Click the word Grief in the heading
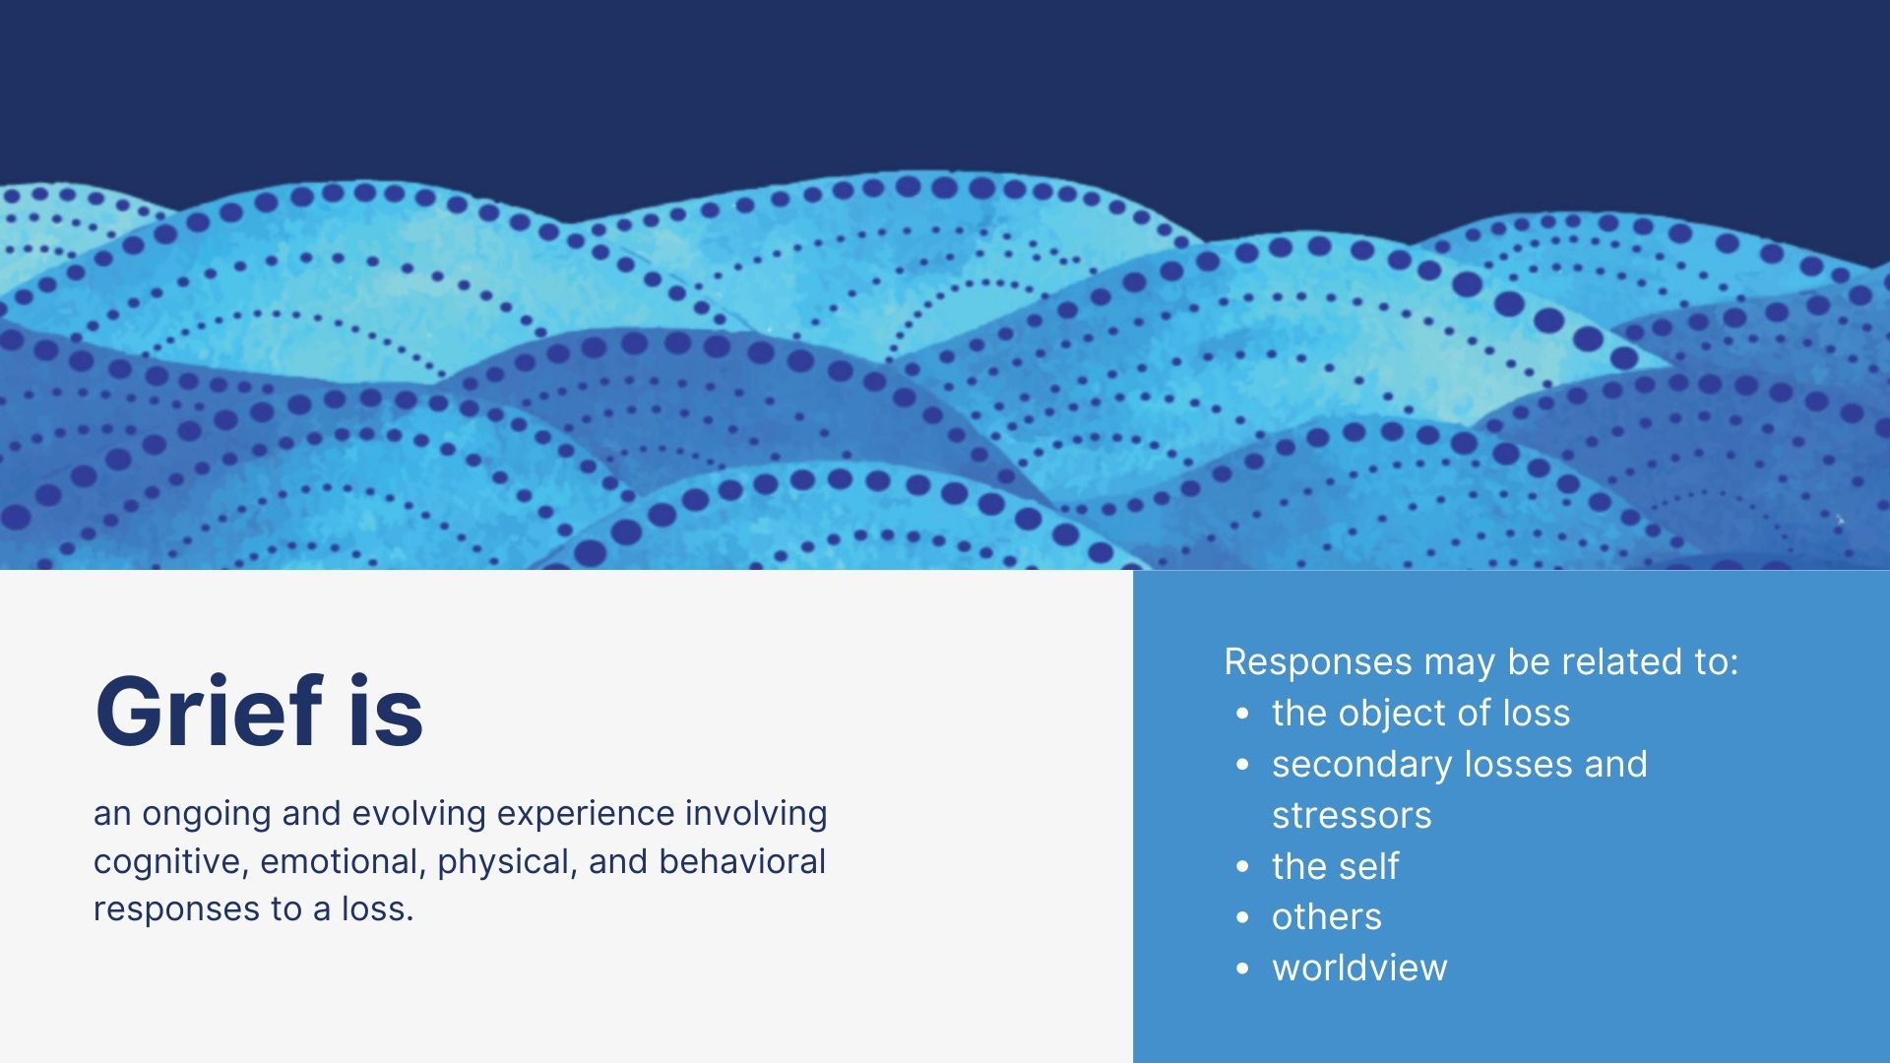tap(209, 711)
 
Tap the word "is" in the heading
tap(386, 711)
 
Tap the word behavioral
tap(742, 861)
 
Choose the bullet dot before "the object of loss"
tap(1243, 713)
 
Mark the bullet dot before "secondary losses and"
tap(1243, 764)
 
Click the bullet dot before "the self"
tap(1243, 866)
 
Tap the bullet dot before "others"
tap(1243, 917)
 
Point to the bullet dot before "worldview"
tap(1243, 969)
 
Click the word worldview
tap(1359, 968)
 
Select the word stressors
tap(1352, 816)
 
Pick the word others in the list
tap(1327, 916)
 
